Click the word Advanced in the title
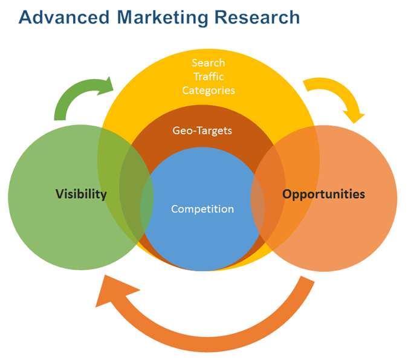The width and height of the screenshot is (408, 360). click(64, 18)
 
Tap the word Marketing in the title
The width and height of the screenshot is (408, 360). click(163, 18)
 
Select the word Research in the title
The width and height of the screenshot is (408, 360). click(257, 18)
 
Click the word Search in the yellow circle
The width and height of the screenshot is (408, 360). click(209, 63)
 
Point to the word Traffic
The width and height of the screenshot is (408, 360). click(209, 77)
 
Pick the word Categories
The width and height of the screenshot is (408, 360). click(209, 91)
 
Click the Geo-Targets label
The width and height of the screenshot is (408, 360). click(202, 130)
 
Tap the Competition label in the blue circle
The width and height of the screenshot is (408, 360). click(202, 209)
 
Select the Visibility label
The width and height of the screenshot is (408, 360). click(81, 194)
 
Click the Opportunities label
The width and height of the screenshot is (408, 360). click(324, 194)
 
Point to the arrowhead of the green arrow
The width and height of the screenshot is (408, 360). click(107, 86)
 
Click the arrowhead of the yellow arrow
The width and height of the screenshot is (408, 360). click(354, 117)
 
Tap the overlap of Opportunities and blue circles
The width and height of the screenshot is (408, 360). click(257, 208)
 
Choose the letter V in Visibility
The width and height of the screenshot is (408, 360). click(60, 194)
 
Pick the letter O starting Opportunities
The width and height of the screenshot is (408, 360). click(287, 194)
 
